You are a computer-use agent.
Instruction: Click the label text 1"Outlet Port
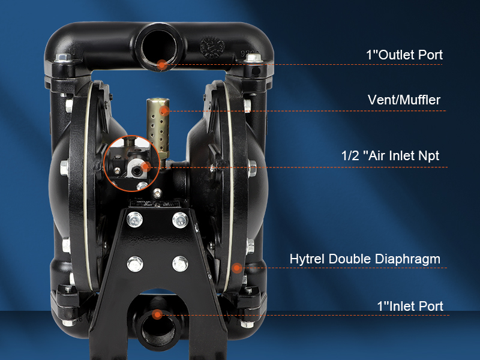click(x=404, y=55)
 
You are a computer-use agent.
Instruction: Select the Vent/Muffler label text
click(x=404, y=100)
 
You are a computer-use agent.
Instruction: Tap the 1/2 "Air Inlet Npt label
click(x=390, y=156)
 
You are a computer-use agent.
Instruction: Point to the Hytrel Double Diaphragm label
click(x=365, y=259)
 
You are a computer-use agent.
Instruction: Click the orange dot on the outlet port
click(x=161, y=64)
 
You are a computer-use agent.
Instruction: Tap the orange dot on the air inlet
click(x=145, y=166)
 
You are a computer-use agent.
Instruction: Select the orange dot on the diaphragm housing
click(x=237, y=267)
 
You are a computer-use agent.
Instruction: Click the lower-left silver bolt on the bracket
click(x=135, y=263)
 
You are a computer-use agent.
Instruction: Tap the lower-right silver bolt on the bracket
click(x=180, y=263)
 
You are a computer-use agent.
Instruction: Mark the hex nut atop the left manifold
click(x=62, y=58)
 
